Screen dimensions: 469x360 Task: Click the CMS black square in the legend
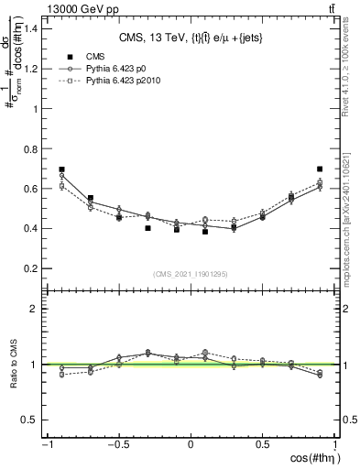[x=65, y=56]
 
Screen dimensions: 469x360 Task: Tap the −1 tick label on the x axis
[x=46, y=446]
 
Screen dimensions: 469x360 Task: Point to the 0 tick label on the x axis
[x=191, y=446]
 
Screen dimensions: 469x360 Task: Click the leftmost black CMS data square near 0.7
[x=61, y=169]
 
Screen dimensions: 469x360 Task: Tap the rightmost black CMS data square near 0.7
[x=320, y=169]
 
